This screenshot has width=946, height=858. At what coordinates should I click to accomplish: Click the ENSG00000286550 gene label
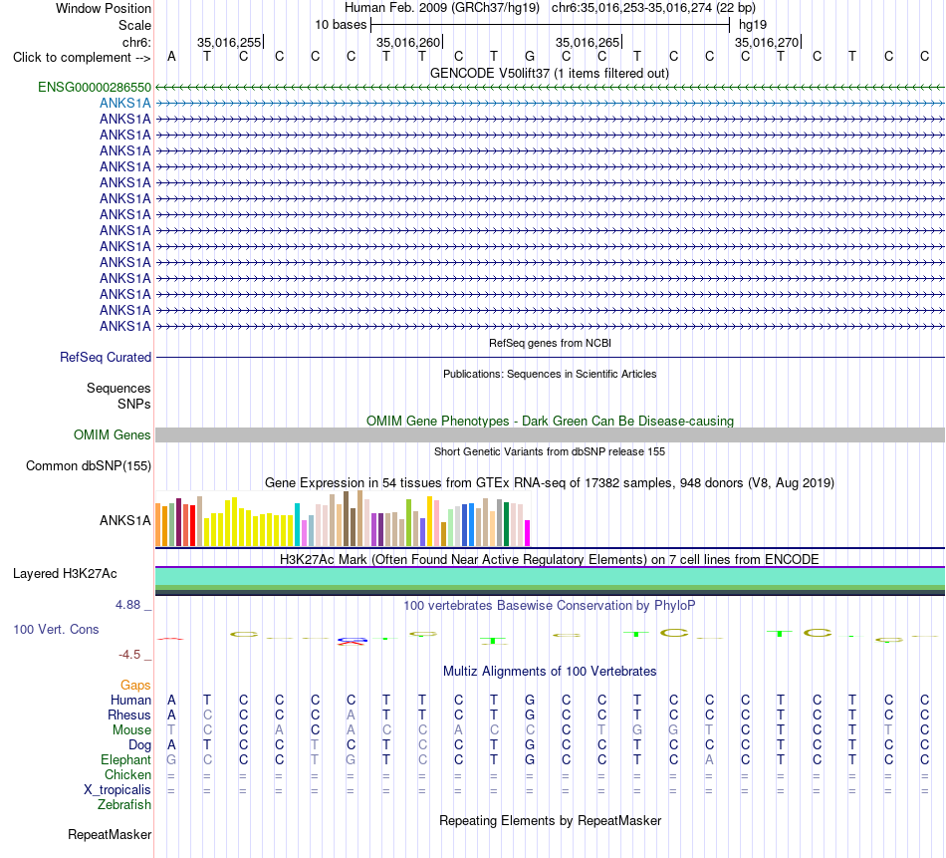click(95, 88)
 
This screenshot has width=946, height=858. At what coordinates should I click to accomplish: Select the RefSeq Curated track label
click(106, 358)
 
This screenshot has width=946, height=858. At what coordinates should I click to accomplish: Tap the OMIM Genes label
click(113, 434)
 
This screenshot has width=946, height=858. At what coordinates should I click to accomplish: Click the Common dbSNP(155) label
click(89, 466)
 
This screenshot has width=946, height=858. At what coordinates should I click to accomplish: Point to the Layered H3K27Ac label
click(65, 574)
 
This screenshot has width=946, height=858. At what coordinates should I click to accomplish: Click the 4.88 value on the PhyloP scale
click(127, 605)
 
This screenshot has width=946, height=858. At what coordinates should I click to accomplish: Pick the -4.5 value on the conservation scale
click(129, 655)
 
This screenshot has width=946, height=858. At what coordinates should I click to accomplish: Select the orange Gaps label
click(135, 685)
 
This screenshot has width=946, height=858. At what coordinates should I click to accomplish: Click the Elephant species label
click(125, 760)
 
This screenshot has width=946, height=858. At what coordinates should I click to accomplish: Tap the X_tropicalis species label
click(118, 790)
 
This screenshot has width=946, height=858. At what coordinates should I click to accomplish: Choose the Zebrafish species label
click(124, 805)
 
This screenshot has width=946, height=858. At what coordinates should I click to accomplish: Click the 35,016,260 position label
click(408, 42)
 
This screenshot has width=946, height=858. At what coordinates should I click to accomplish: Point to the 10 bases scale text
click(341, 25)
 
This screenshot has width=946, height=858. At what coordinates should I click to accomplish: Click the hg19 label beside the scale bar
click(753, 25)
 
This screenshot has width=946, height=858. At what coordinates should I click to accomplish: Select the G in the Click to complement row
click(530, 57)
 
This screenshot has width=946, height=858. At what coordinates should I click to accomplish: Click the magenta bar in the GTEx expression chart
click(528, 533)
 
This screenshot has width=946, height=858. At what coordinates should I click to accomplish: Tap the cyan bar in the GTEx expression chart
click(297, 525)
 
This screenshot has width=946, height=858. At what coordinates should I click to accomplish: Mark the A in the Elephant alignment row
click(709, 760)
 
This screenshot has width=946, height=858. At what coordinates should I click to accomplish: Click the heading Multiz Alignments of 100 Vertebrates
click(550, 672)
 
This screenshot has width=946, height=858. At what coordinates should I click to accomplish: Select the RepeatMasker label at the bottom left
click(110, 834)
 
